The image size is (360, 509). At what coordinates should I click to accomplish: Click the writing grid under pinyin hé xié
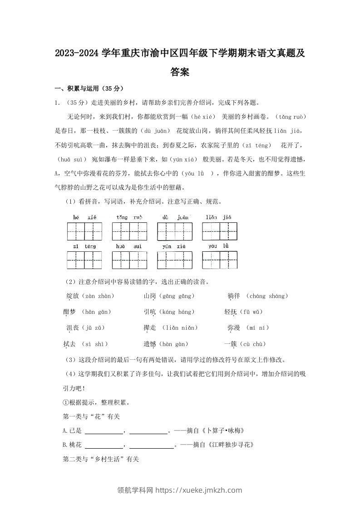click(x=84, y=231)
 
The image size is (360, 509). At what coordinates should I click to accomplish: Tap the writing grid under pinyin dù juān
click(x=175, y=231)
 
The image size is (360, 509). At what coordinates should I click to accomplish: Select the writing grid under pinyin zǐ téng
click(x=84, y=260)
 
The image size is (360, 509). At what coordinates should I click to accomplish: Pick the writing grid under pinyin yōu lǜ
click(x=220, y=260)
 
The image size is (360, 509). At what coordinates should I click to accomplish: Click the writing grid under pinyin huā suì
click(x=129, y=260)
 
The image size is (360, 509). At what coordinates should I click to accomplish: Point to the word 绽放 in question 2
click(x=73, y=296)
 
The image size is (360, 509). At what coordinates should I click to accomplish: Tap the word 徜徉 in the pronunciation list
click(x=233, y=296)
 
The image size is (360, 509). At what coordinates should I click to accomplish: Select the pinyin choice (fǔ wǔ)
click(x=252, y=312)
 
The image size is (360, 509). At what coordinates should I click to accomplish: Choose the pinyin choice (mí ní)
click(x=257, y=328)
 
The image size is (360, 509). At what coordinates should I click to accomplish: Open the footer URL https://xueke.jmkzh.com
click(x=199, y=490)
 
